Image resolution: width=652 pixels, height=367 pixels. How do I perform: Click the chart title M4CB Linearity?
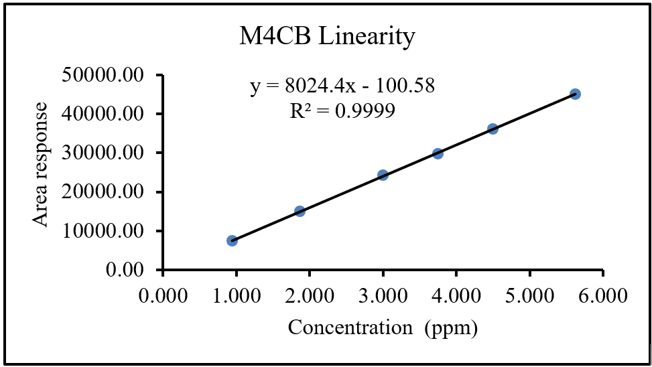[x=327, y=37]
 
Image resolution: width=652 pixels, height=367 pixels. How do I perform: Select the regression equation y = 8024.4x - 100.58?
[x=342, y=86]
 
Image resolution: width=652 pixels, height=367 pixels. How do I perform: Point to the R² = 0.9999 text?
[x=342, y=111]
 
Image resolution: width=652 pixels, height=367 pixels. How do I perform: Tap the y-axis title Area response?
[x=42, y=165]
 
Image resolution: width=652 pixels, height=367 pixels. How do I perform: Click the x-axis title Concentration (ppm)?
[x=383, y=328]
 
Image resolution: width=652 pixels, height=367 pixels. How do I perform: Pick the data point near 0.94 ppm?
[x=232, y=240]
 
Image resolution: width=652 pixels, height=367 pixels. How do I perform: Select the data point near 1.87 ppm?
[x=300, y=211]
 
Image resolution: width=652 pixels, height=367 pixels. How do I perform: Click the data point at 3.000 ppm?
[x=383, y=175]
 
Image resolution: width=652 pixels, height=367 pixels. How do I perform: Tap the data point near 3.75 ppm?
[x=438, y=153]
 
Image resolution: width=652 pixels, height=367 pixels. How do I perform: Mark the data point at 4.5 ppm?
[x=493, y=129]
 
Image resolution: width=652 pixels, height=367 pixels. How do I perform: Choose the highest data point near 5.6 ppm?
[x=575, y=94]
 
